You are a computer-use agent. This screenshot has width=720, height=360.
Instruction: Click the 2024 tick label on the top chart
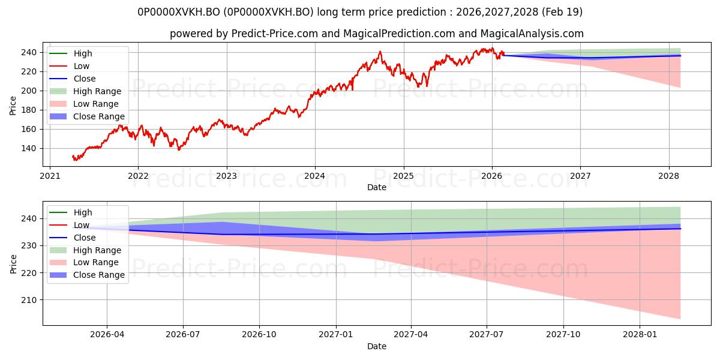point(314,176)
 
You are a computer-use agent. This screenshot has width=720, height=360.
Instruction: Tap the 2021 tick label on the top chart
point(50,176)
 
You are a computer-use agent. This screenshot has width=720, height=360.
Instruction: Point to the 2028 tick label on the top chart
point(668,176)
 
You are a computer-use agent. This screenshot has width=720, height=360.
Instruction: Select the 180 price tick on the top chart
point(29,110)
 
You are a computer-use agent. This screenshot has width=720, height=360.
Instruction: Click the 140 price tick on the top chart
point(29,149)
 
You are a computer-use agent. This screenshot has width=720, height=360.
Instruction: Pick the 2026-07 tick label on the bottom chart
point(183,335)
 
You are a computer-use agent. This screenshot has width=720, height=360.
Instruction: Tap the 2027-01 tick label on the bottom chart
point(336,335)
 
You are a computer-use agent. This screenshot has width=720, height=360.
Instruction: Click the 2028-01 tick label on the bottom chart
point(640,335)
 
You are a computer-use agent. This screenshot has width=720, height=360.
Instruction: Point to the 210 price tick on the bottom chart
point(29,300)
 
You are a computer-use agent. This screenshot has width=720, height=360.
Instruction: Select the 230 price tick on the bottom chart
point(29,245)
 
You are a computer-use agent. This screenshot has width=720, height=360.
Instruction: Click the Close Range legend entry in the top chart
point(87,116)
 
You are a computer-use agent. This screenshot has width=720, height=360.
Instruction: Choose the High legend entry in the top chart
point(71,53)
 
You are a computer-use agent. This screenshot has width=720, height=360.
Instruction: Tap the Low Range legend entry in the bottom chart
point(84,263)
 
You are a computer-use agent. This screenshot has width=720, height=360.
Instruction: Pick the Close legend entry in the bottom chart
point(73,238)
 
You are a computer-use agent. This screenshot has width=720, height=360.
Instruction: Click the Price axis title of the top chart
point(13,106)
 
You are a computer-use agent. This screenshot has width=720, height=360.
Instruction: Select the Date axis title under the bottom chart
point(377,346)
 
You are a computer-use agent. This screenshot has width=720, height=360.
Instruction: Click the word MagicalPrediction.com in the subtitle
point(399,34)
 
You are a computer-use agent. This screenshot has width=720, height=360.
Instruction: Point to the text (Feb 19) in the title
point(562,12)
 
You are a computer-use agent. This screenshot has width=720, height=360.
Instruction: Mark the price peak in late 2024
point(380,52)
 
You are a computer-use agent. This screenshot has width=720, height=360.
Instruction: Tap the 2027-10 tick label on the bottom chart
point(563,335)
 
